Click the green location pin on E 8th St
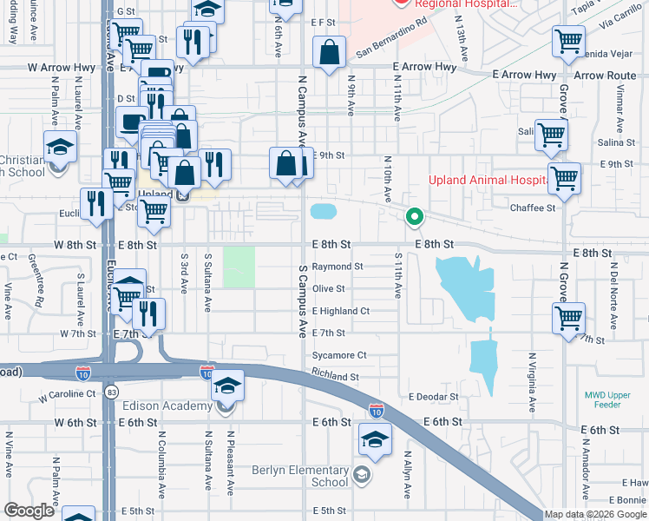click(x=416, y=216)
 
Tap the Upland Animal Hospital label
click(x=488, y=181)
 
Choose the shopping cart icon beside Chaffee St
click(x=564, y=178)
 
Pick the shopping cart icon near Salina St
click(x=551, y=135)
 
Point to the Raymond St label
click(x=338, y=267)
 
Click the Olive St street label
click(x=329, y=288)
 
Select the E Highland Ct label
click(x=341, y=311)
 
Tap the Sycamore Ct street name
click(x=339, y=355)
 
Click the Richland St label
click(x=335, y=378)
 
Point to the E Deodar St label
click(x=433, y=397)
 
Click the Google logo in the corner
click(x=29, y=511)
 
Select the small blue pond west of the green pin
click(x=323, y=211)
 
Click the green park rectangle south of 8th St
click(x=239, y=267)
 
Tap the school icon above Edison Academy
click(x=226, y=385)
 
